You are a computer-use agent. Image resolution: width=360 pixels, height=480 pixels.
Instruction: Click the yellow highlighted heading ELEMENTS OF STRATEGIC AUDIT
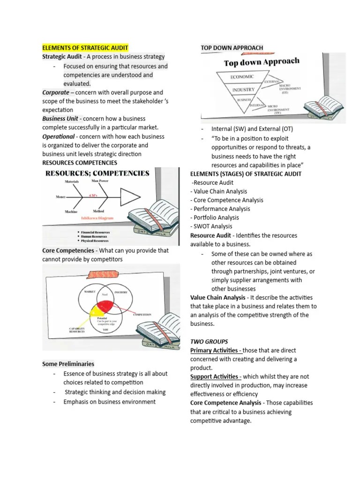(85, 48)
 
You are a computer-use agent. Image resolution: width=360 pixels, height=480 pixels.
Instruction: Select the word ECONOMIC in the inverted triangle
(242, 76)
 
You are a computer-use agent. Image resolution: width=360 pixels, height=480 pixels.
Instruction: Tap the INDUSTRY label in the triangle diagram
(243, 89)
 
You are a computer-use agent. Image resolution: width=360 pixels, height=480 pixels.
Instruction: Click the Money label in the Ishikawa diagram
(60, 197)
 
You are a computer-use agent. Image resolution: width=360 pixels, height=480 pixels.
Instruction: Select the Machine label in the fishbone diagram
(71, 212)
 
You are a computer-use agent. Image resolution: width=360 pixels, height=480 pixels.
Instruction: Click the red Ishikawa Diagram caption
(97, 218)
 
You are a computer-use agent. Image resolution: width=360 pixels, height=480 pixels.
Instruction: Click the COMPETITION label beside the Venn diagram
(142, 315)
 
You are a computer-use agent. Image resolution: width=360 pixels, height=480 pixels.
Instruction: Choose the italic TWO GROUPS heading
(210, 342)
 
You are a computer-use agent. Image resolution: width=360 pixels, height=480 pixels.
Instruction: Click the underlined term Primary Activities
(216, 351)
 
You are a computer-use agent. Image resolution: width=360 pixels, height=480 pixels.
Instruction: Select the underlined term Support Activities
(216, 377)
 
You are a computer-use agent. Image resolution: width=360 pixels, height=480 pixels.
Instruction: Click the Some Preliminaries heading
(68, 364)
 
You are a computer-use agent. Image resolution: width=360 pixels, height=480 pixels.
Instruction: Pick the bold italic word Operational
(59, 136)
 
